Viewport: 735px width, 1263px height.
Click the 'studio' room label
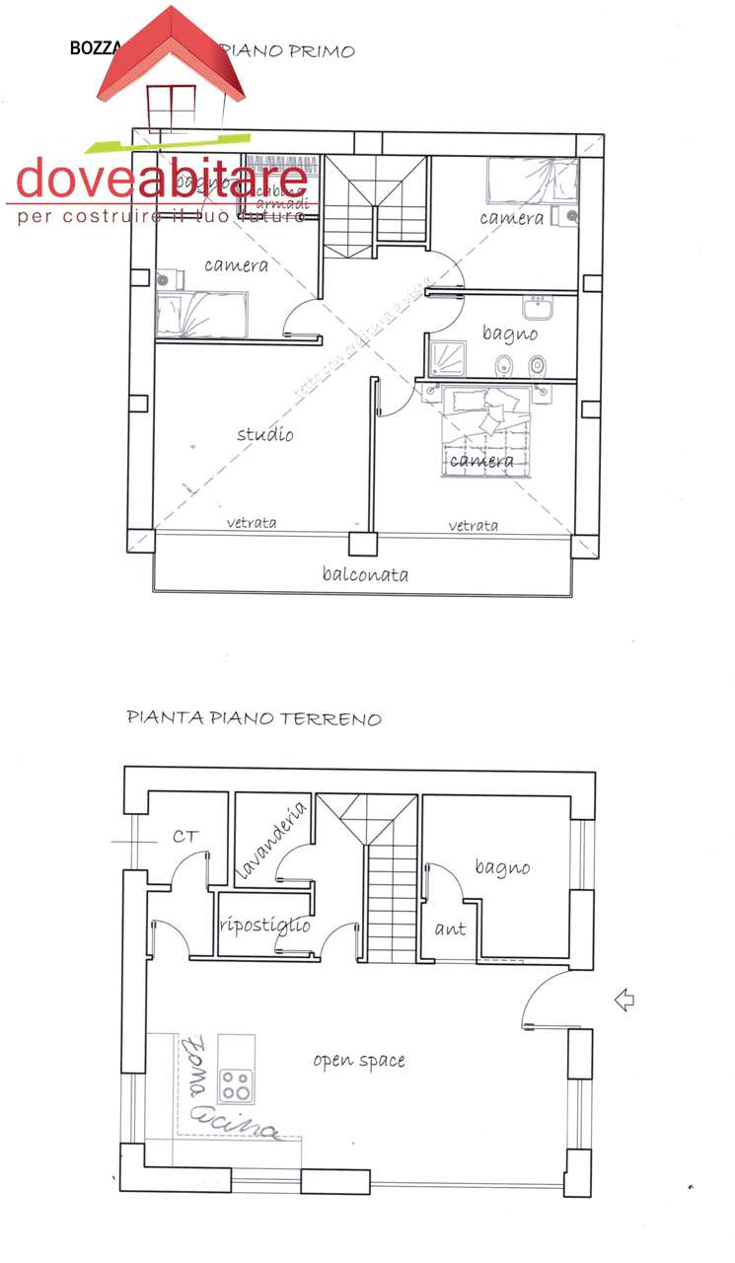pos(264,434)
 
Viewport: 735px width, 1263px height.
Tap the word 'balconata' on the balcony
pos(365,574)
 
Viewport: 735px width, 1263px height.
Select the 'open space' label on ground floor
pos(359,1061)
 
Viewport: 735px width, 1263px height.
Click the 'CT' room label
pos(185,837)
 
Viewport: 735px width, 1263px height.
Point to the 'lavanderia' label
pos(272,841)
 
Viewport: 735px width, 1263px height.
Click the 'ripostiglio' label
pos(265,926)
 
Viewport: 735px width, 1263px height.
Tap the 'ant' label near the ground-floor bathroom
pos(450,929)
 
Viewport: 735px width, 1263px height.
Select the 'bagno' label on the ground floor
pos(502,867)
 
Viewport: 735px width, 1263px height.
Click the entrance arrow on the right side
pos(624,1001)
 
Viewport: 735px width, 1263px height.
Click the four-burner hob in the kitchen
pos(235,1084)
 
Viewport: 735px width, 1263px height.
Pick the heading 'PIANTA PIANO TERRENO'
pos(254,718)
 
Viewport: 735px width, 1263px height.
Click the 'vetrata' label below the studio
pos(252,523)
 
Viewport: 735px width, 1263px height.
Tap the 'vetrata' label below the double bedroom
pos(474,526)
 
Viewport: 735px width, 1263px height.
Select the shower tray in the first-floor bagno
pos(450,360)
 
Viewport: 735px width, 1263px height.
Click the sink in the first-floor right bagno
pos(539,308)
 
